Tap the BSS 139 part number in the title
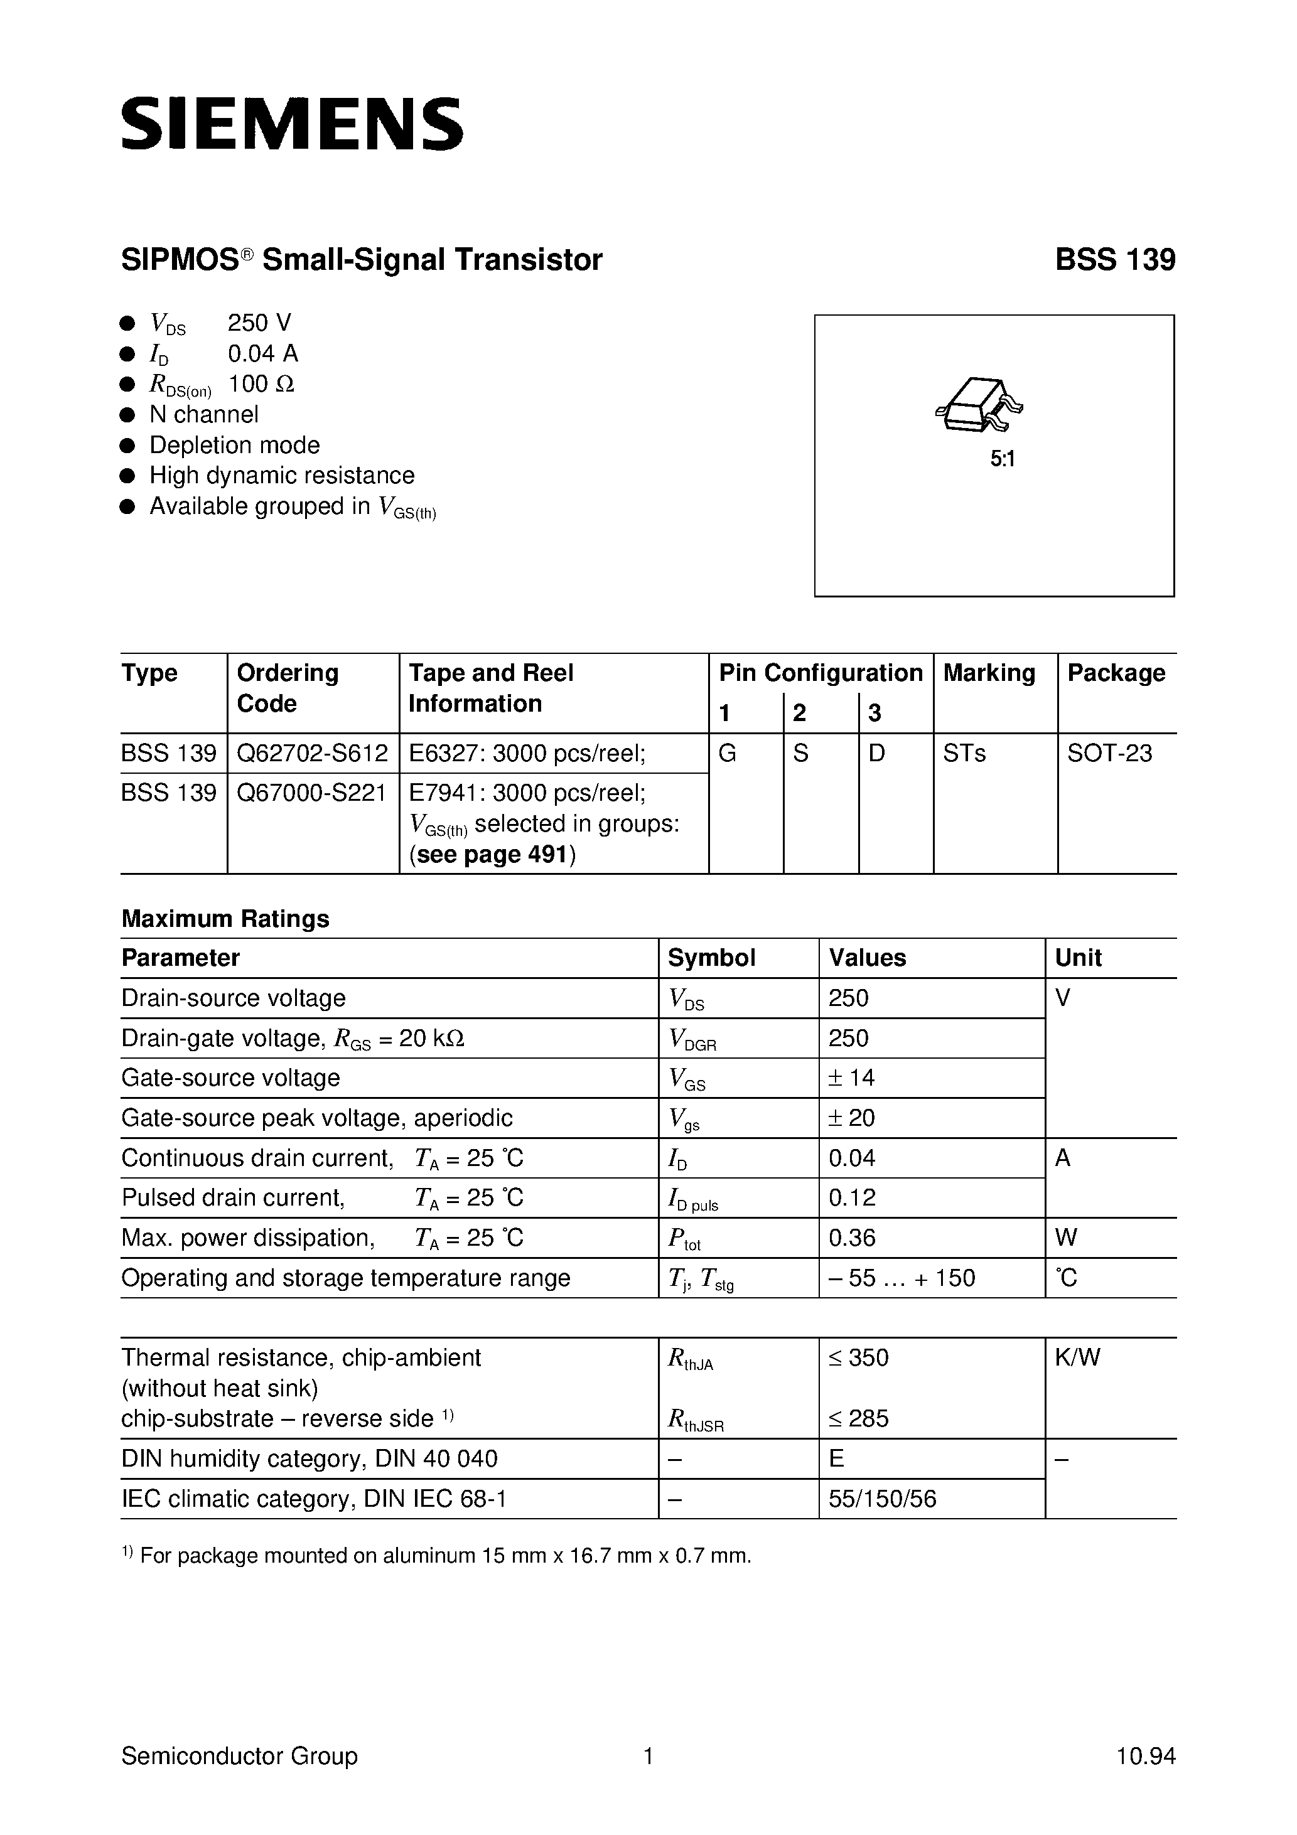1115,260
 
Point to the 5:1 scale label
1002,459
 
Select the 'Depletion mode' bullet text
234,445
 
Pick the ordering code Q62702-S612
312,753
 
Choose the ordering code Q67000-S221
312,793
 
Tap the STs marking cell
964,753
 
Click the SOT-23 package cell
1110,753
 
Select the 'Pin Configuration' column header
821,673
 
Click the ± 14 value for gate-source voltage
852,1078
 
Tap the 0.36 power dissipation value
853,1238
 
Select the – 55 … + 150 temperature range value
902,1278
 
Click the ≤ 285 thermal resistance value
859,1418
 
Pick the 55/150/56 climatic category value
883,1499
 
